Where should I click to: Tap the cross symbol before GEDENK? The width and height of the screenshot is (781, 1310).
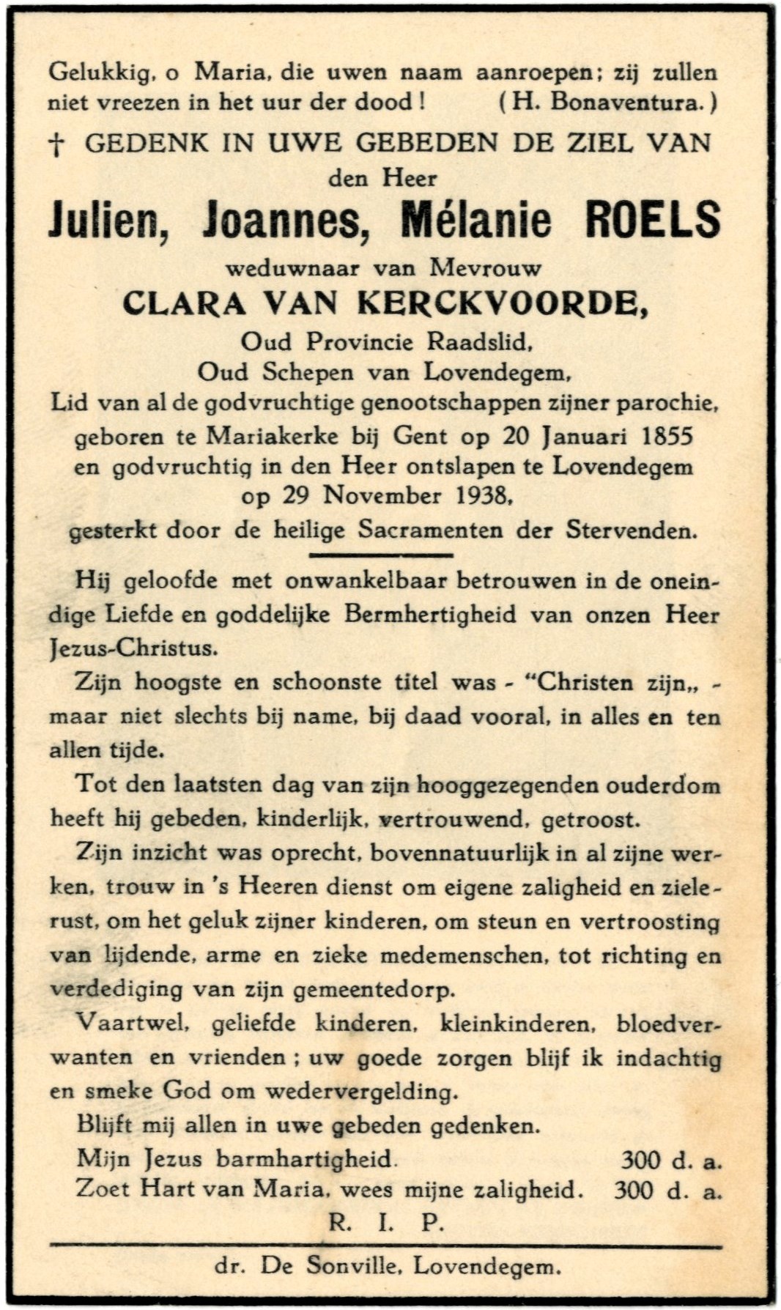[x=56, y=145]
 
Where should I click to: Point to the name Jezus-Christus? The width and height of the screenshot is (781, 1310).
[x=133, y=648]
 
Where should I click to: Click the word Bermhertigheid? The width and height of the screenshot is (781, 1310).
[x=427, y=615]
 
